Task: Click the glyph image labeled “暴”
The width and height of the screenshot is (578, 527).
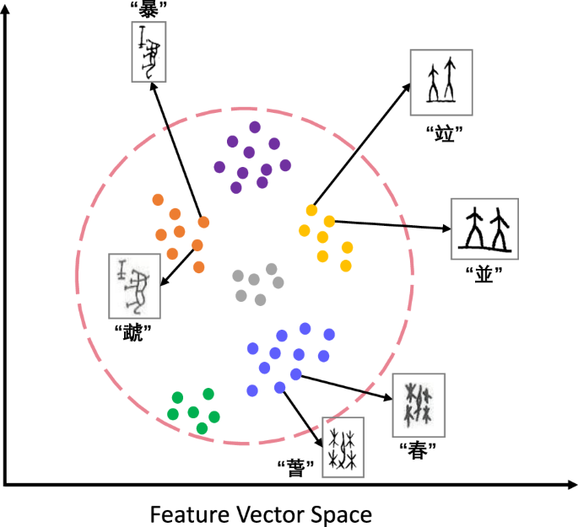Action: (x=149, y=51)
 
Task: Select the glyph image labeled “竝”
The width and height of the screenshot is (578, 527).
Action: (x=441, y=82)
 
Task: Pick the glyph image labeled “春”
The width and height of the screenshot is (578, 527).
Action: (x=419, y=404)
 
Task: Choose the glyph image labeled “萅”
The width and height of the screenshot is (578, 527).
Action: (x=343, y=448)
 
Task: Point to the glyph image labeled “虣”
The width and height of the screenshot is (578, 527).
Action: (x=134, y=286)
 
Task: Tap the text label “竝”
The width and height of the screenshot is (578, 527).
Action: (x=440, y=133)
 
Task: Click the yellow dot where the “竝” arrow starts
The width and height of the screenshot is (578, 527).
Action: (x=312, y=210)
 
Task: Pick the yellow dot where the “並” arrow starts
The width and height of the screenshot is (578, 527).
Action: (x=329, y=221)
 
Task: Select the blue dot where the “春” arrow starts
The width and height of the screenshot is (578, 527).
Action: (x=295, y=374)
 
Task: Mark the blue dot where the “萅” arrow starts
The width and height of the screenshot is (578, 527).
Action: (x=280, y=387)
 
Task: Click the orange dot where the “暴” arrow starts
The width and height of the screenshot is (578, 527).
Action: (x=203, y=223)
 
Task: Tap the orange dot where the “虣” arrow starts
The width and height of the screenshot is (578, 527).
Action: (x=197, y=245)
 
